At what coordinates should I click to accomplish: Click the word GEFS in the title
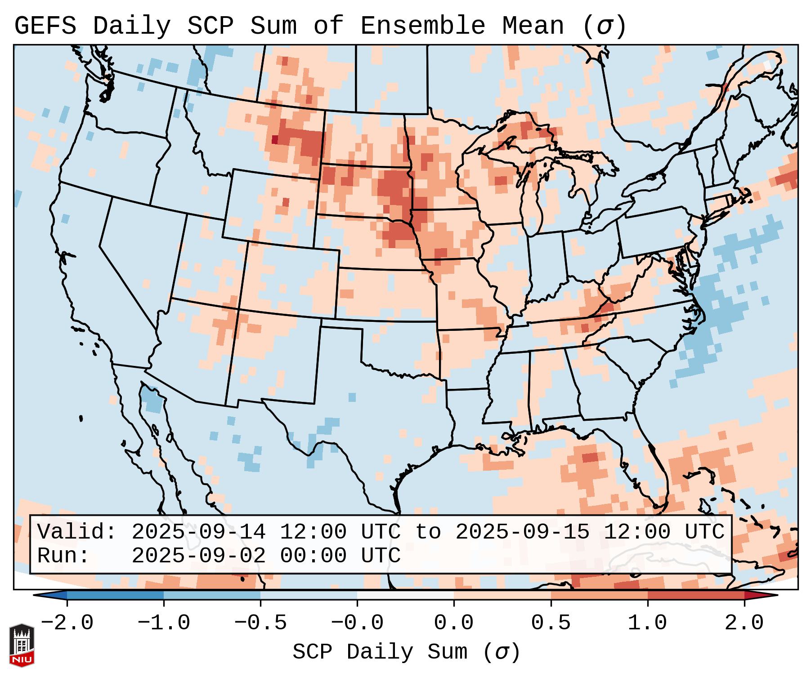click(45, 26)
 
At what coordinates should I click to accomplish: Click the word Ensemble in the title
click(422, 26)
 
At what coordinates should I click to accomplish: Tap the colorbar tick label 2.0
click(744, 623)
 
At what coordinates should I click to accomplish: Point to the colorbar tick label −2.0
click(67, 623)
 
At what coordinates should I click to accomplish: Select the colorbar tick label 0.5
click(551, 623)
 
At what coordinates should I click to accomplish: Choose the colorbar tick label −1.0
click(164, 623)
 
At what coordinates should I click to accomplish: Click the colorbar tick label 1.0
click(647, 623)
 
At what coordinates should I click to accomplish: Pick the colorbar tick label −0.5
click(260, 623)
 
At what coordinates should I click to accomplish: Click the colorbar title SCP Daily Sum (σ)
click(406, 652)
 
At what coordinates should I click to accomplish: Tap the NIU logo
click(22, 645)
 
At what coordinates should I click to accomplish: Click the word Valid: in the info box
click(77, 532)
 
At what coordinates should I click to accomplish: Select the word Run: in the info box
click(63, 556)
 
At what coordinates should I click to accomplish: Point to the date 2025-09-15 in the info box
click(522, 532)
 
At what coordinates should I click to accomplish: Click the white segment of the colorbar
click(405, 595)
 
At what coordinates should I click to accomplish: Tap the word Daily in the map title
click(132, 26)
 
